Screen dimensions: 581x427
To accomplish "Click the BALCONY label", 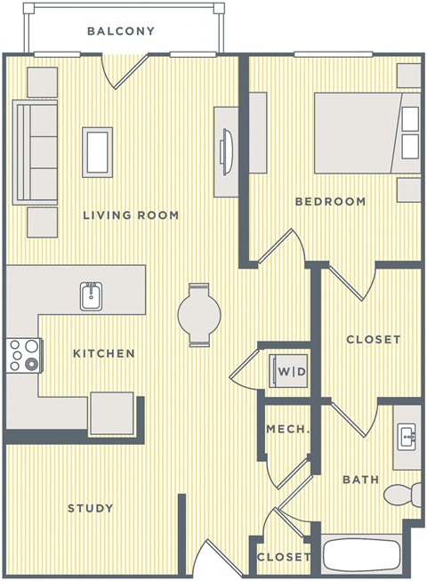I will point(121,31).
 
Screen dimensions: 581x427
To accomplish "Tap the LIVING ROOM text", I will point(131,215).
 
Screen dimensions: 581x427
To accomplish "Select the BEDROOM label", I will point(330,202).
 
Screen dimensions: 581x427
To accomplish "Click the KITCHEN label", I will point(104,354).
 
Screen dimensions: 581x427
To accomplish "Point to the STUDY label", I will point(91,509).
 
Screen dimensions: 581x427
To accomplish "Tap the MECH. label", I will point(287,430).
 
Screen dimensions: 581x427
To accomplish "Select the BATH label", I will point(361,480).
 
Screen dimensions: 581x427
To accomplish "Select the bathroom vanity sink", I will point(408,436).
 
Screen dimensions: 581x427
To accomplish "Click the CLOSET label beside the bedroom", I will point(373,340).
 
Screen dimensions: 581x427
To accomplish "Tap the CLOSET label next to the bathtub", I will point(284,558).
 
